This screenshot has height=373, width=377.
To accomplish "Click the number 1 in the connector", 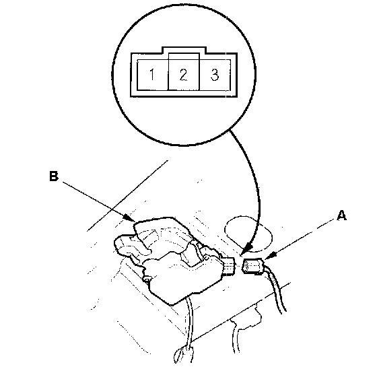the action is click(x=152, y=74).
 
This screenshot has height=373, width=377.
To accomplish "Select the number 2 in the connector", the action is click(x=183, y=74).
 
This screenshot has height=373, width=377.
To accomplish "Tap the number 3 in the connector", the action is click(x=215, y=74).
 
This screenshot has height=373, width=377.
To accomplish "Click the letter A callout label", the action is click(x=341, y=215).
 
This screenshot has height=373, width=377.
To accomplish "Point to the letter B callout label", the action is click(x=54, y=176).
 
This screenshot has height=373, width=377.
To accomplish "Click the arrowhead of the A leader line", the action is click(x=269, y=257).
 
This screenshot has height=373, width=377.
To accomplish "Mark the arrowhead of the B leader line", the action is click(x=129, y=218).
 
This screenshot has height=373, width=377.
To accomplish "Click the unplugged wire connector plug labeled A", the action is click(x=252, y=266).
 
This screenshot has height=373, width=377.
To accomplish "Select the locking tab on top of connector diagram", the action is click(x=184, y=50).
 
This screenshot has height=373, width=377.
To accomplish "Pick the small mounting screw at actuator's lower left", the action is click(x=147, y=279).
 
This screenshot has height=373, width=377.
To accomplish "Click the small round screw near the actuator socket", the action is click(x=206, y=258).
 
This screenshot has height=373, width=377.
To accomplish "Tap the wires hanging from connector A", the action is click(x=276, y=290).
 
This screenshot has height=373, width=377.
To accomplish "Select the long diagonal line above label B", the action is click(x=127, y=195).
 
